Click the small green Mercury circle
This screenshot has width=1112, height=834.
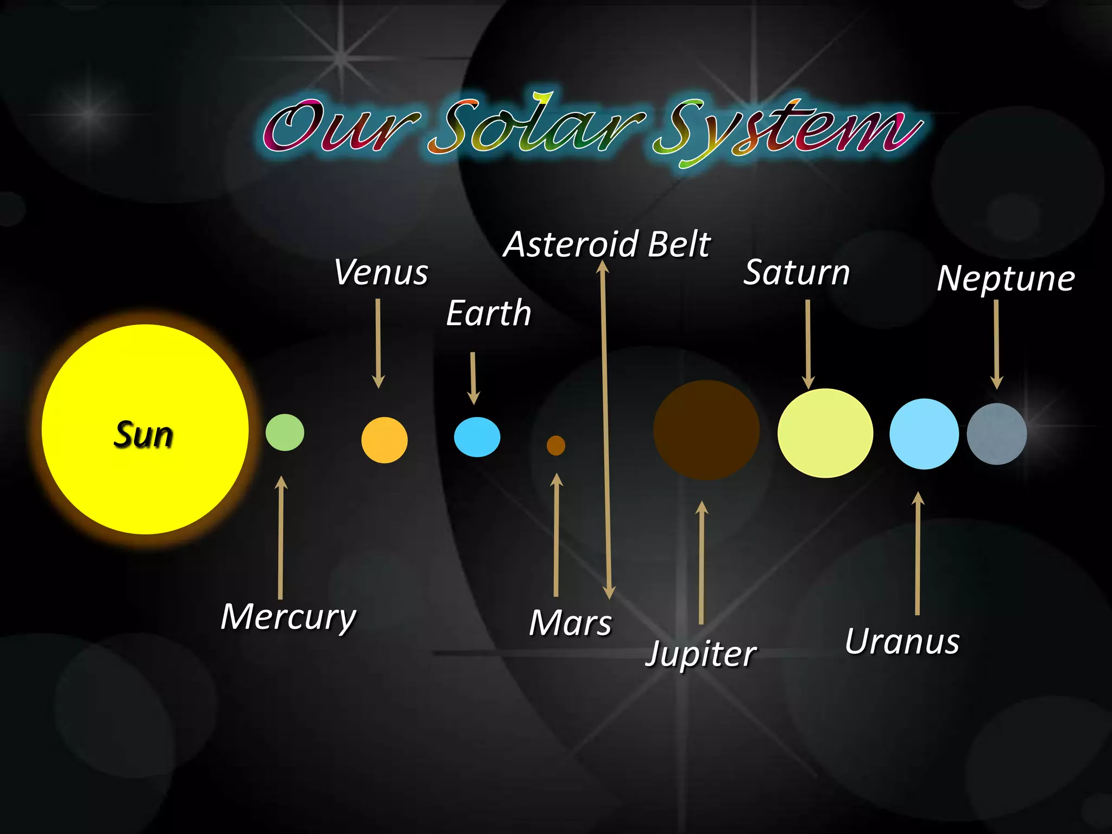click(285, 432)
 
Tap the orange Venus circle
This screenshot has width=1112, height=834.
click(384, 440)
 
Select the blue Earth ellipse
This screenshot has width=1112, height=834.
click(477, 437)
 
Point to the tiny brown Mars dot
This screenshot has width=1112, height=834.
click(555, 445)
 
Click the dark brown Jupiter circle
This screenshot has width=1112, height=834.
click(706, 430)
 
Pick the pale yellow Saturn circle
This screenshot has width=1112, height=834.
click(825, 433)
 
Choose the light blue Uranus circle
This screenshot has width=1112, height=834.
click(924, 434)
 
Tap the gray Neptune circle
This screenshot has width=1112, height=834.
click(996, 434)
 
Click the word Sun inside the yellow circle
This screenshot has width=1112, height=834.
click(143, 435)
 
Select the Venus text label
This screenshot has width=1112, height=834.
click(381, 272)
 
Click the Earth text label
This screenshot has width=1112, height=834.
click(488, 313)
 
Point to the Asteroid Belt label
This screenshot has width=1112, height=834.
click(607, 244)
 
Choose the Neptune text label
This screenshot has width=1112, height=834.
click(1006, 279)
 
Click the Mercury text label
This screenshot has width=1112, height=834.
click(288, 617)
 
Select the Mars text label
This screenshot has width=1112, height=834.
click(570, 623)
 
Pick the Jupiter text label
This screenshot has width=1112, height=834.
click(701, 654)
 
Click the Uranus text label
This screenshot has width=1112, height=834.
click(902, 642)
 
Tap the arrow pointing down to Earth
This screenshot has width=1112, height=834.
click(473, 377)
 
